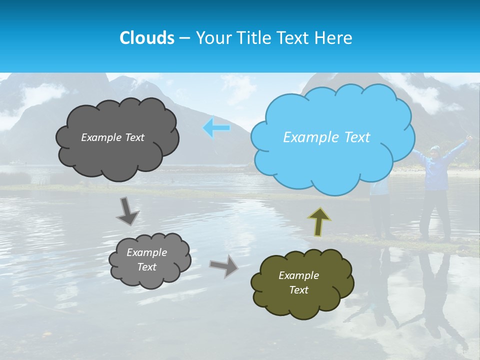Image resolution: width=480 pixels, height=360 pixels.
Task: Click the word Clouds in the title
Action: (x=146, y=38)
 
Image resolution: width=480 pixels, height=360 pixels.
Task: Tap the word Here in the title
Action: (x=335, y=38)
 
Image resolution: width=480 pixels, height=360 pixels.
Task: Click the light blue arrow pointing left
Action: (x=216, y=128)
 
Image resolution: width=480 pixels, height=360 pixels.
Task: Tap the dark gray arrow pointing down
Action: (x=127, y=211)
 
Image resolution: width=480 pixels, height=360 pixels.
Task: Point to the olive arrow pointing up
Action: (x=319, y=221)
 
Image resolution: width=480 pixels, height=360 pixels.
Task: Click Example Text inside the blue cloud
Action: (x=326, y=137)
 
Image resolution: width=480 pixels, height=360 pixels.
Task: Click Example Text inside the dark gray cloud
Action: (x=112, y=137)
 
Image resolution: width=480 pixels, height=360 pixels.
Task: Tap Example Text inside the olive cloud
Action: (x=298, y=282)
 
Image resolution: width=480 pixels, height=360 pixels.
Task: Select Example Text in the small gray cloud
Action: (x=146, y=260)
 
